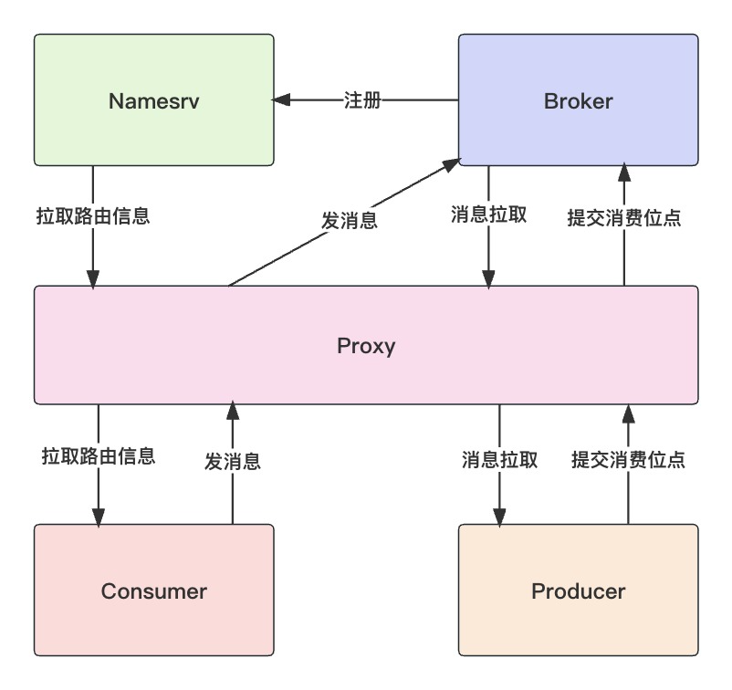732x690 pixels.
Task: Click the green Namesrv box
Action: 153,100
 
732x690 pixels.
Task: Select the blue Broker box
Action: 578,100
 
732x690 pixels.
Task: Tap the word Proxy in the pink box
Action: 366,346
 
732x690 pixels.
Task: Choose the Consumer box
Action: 153,591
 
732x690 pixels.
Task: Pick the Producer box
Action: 578,591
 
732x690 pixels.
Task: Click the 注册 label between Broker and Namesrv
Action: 362,100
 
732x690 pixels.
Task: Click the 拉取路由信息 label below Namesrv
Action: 92,216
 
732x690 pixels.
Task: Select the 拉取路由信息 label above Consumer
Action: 98,455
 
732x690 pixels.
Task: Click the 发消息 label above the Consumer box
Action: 232,461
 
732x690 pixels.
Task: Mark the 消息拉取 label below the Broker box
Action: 488,214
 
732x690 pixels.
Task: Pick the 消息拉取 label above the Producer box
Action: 499,459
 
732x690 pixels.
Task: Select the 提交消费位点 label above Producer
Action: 628,459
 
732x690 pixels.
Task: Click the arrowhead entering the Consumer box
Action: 98,516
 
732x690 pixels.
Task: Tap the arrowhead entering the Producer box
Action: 499,516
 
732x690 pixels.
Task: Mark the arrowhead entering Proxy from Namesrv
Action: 92,277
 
